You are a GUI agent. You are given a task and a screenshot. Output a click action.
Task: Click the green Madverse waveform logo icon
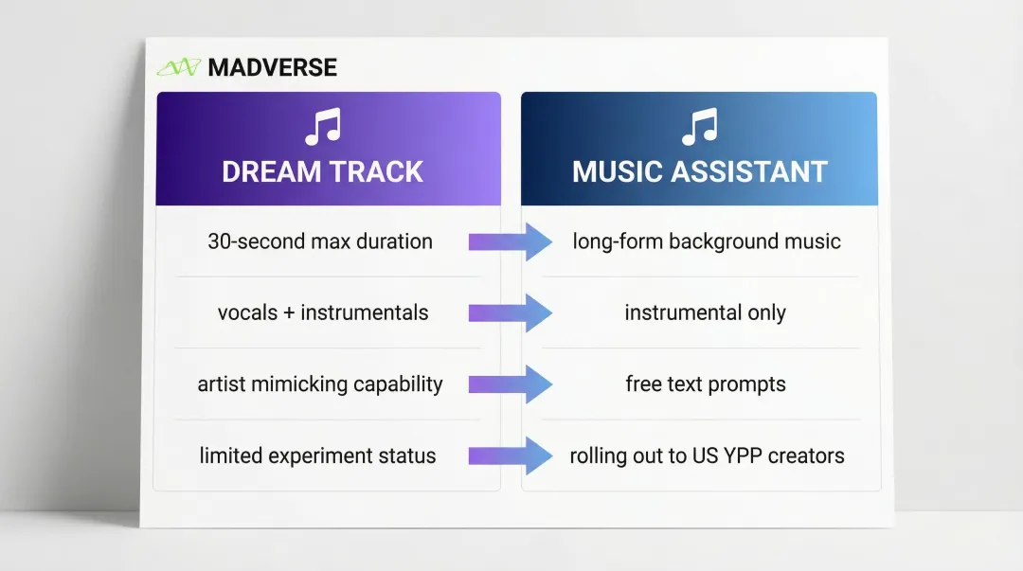(x=179, y=67)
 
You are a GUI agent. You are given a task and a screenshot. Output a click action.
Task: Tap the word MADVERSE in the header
(x=272, y=67)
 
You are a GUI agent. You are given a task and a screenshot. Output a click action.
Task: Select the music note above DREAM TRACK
(x=323, y=127)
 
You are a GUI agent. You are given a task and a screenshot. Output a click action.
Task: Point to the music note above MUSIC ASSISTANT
(x=699, y=127)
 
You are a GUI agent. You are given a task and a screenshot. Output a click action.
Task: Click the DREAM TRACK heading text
(x=322, y=171)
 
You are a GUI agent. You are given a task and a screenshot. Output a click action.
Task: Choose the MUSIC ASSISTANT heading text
(x=699, y=171)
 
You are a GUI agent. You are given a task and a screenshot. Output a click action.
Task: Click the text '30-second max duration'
(x=320, y=241)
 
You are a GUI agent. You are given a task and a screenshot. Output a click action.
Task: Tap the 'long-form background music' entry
(x=707, y=241)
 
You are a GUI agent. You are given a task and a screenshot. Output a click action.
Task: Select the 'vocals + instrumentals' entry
(x=323, y=312)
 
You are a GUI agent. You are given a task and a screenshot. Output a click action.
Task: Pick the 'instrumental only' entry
(x=706, y=312)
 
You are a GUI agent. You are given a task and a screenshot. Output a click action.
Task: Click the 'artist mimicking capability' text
(x=320, y=384)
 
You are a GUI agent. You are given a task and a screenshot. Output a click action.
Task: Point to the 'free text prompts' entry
(x=706, y=384)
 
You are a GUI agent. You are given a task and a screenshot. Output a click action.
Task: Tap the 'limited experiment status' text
(x=317, y=455)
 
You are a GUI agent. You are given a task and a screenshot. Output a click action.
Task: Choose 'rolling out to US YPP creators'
(x=708, y=455)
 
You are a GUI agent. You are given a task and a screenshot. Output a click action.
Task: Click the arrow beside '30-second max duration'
(x=511, y=242)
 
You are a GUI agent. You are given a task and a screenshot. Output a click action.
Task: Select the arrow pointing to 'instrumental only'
(x=511, y=313)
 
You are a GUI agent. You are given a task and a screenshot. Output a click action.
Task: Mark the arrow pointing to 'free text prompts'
(x=511, y=384)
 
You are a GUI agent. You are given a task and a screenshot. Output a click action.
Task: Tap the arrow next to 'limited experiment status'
(x=511, y=455)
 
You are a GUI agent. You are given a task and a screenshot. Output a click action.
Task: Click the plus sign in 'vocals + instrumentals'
(x=289, y=313)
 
